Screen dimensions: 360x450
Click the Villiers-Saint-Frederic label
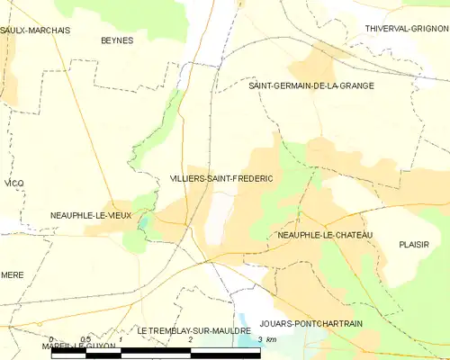(221, 179)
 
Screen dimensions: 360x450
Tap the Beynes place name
(116, 40)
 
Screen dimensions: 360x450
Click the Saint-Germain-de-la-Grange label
(311, 85)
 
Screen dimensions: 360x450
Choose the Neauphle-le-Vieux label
(91, 216)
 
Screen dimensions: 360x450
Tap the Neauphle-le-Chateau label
(326, 235)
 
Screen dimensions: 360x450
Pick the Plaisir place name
(413, 244)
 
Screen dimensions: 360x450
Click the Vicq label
(13, 184)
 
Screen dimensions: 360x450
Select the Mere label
(12, 274)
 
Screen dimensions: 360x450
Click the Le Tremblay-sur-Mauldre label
(193, 331)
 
